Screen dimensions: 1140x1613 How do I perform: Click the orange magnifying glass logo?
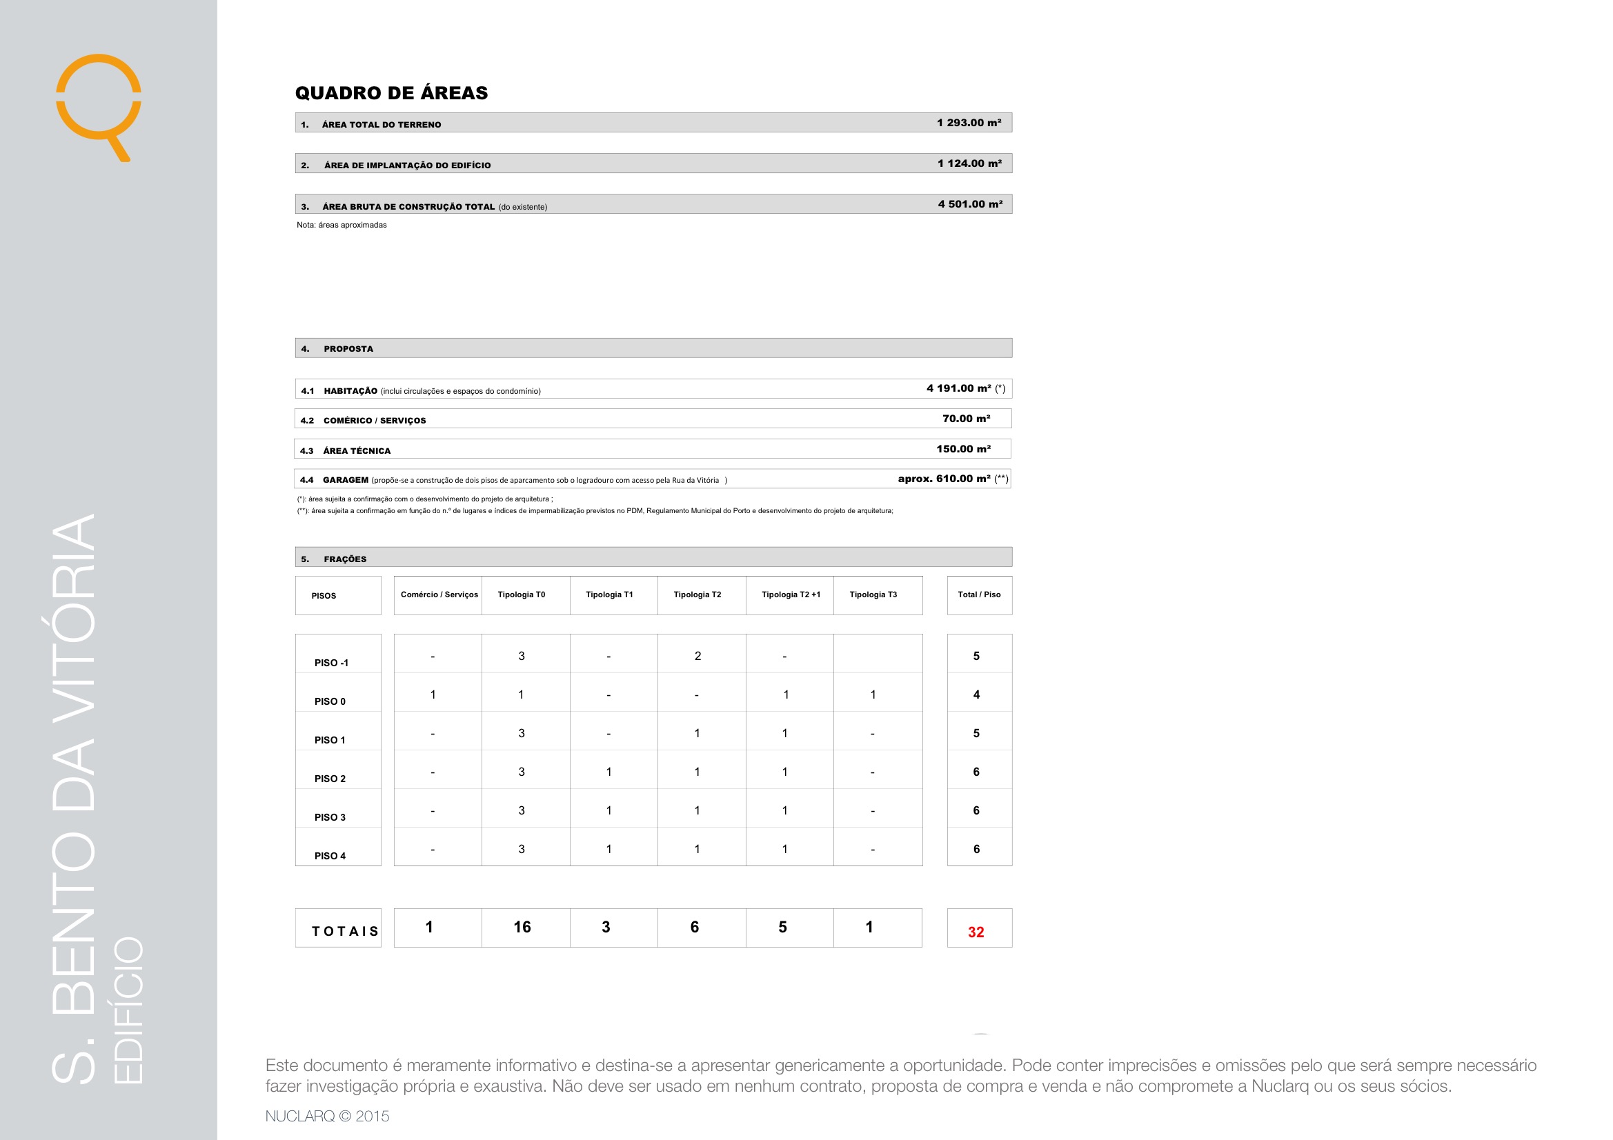click(99, 102)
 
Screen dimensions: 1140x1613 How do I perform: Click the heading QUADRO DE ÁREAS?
click(391, 92)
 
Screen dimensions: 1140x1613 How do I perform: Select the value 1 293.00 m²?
click(969, 123)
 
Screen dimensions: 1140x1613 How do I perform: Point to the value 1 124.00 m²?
click(969, 163)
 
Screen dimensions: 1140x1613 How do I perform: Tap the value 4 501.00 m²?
click(970, 204)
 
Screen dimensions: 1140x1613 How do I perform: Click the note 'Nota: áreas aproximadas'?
click(342, 226)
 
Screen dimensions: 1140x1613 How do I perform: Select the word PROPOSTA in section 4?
click(348, 349)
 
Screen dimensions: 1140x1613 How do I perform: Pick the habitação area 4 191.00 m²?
click(959, 388)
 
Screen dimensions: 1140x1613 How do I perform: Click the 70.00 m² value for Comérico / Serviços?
click(966, 419)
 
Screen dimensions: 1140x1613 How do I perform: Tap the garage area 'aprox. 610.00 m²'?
click(944, 479)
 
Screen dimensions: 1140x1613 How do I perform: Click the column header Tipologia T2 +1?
click(791, 595)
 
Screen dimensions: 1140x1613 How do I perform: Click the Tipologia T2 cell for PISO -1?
click(697, 656)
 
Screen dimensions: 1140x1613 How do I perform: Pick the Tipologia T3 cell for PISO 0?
click(873, 694)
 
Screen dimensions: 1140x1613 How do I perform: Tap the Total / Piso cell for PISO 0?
click(976, 694)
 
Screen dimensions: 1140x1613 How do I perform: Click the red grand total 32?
click(976, 932)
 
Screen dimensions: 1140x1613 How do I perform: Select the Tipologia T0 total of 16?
click(522, 927)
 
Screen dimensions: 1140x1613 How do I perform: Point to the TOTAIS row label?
click(345, 932)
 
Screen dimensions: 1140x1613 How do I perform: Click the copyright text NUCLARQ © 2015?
click(328, 1116)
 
